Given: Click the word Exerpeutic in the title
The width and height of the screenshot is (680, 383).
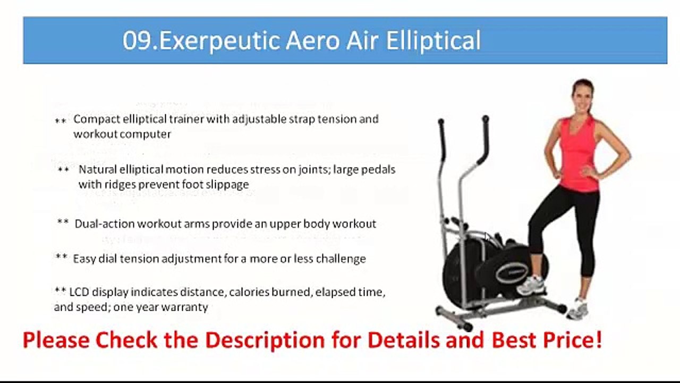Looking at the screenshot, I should coord(217,41).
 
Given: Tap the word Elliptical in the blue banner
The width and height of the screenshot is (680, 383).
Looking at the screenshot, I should coord(433,41).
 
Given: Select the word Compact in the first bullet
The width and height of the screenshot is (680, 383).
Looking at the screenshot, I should coord(93,119).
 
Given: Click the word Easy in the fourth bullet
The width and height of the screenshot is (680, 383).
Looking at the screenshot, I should coord(84,259).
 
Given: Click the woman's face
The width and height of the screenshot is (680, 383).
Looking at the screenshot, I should coord(582,97).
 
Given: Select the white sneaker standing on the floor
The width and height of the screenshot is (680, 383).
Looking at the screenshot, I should coord(577,309).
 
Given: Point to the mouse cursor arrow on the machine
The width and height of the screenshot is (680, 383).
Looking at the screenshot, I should coord(488,237).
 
